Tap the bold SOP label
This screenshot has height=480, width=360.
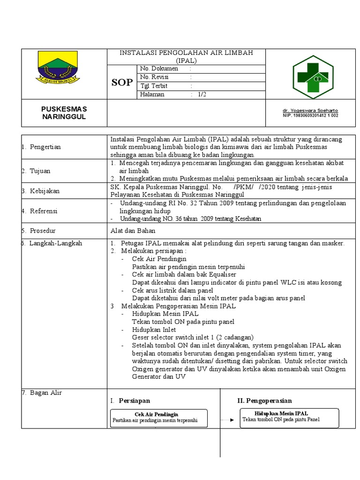(x=122, y=83)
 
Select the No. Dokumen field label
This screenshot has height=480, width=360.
(x=159, y=68)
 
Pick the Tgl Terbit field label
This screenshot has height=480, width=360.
(x=154, y=86)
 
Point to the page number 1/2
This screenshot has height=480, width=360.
(x=202, y=94)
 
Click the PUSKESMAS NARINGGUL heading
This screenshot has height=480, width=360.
(x=64, y=112)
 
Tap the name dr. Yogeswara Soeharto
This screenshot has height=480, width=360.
(x=310, y=110)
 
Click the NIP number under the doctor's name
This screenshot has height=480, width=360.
(x=310, y=115)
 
